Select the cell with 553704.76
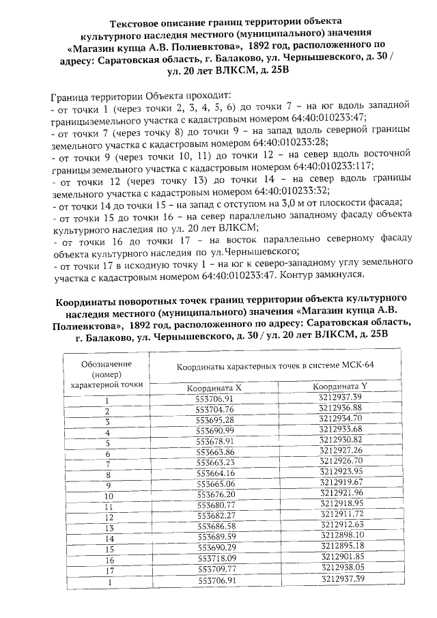(x=214, y=410)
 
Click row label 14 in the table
(x=107, y=538)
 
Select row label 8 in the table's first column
(x=107, y=474)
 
